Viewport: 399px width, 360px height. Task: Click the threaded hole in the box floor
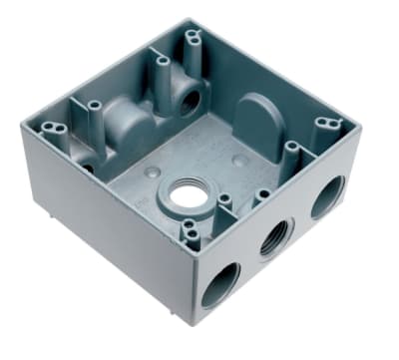183,194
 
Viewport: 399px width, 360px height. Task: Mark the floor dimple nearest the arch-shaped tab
236,160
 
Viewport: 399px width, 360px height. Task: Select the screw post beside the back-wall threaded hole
162,67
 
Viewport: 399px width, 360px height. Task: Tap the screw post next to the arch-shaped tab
290,150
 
